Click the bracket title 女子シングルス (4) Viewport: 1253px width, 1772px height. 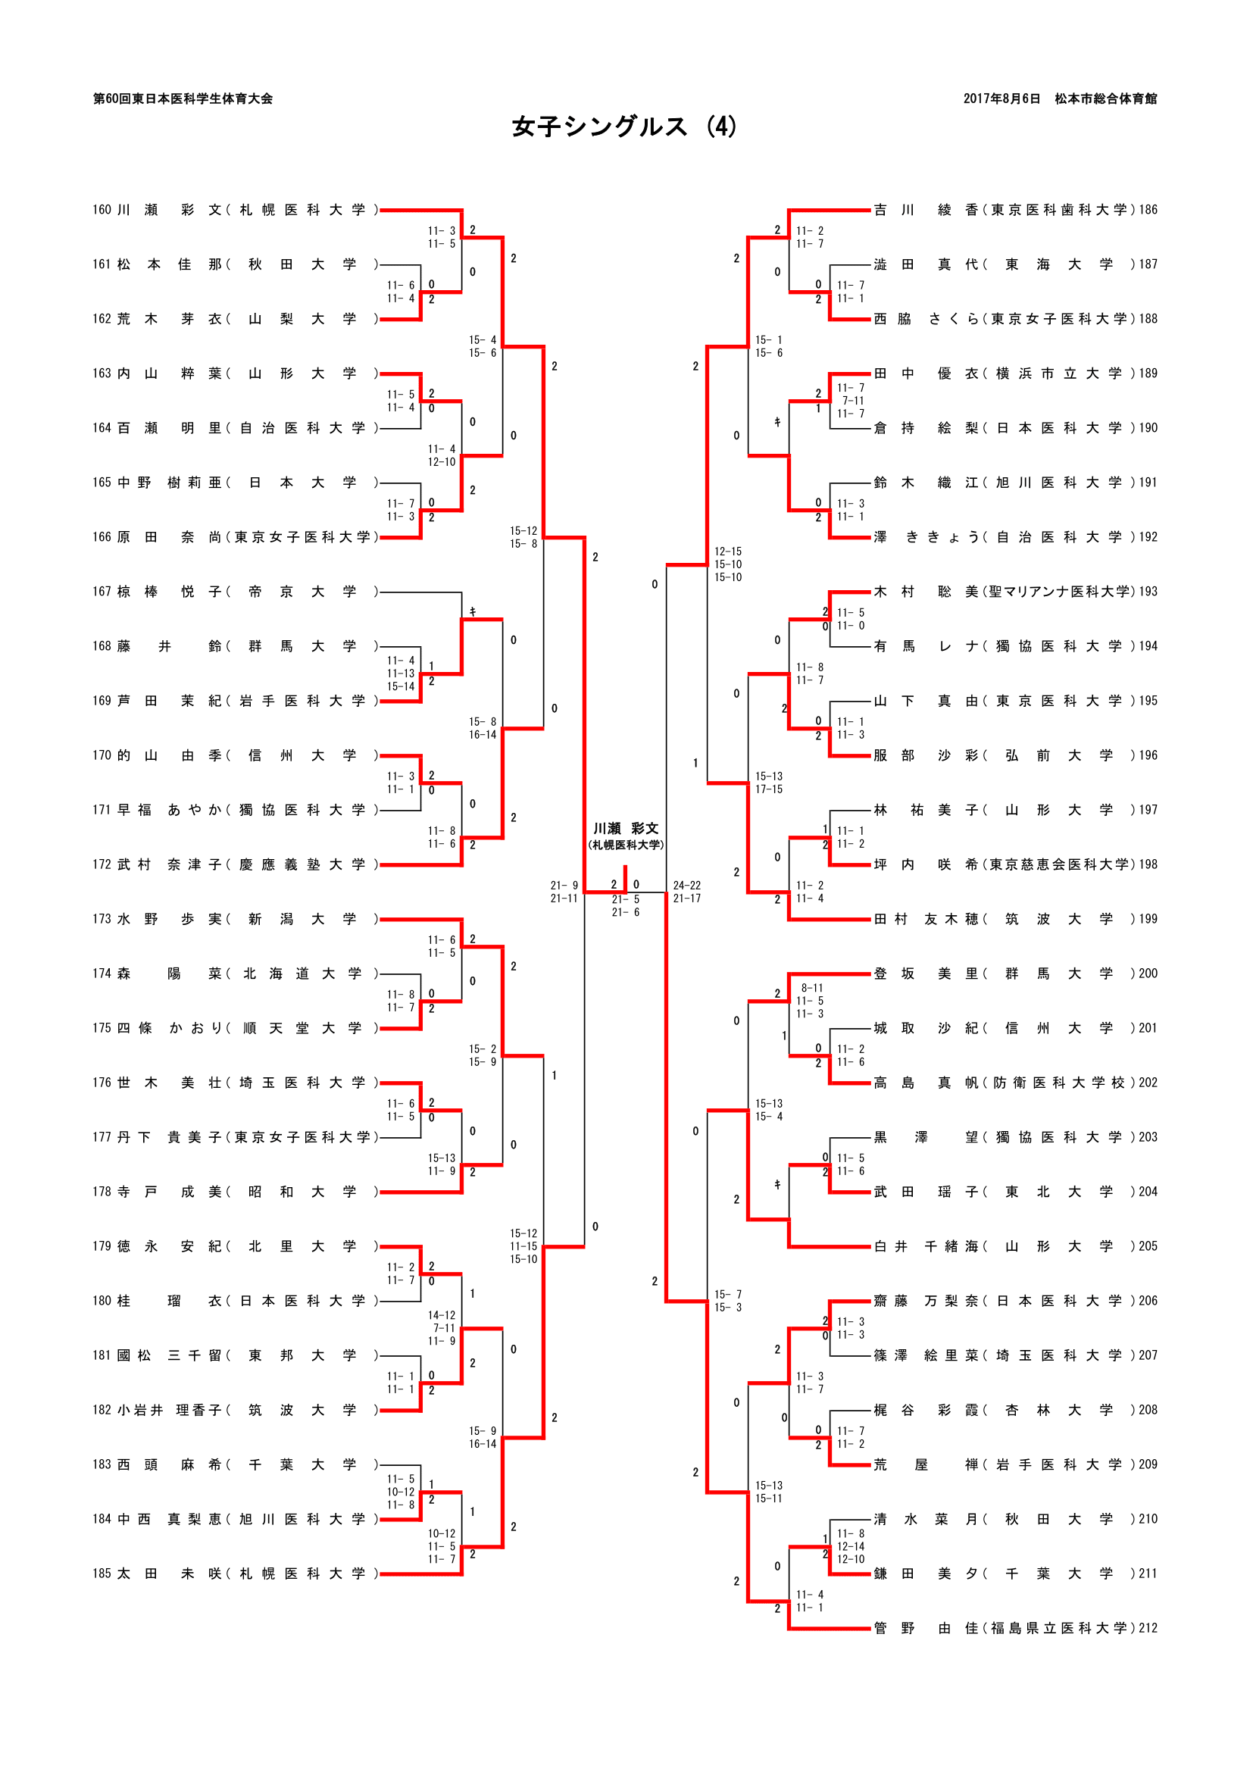point(624,127)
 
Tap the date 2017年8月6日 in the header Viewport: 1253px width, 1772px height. point(1001,98)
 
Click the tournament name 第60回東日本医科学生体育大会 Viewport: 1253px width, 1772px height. point(183,98)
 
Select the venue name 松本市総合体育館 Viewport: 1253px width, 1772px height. point(1105,98)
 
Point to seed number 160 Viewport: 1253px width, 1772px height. point(102,210)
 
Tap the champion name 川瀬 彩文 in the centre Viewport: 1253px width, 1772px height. point(626,828)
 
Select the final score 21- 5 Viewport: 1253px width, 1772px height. point(626,899)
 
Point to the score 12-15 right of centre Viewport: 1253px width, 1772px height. point(727,551)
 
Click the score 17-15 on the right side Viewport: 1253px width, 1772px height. point(768,789)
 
